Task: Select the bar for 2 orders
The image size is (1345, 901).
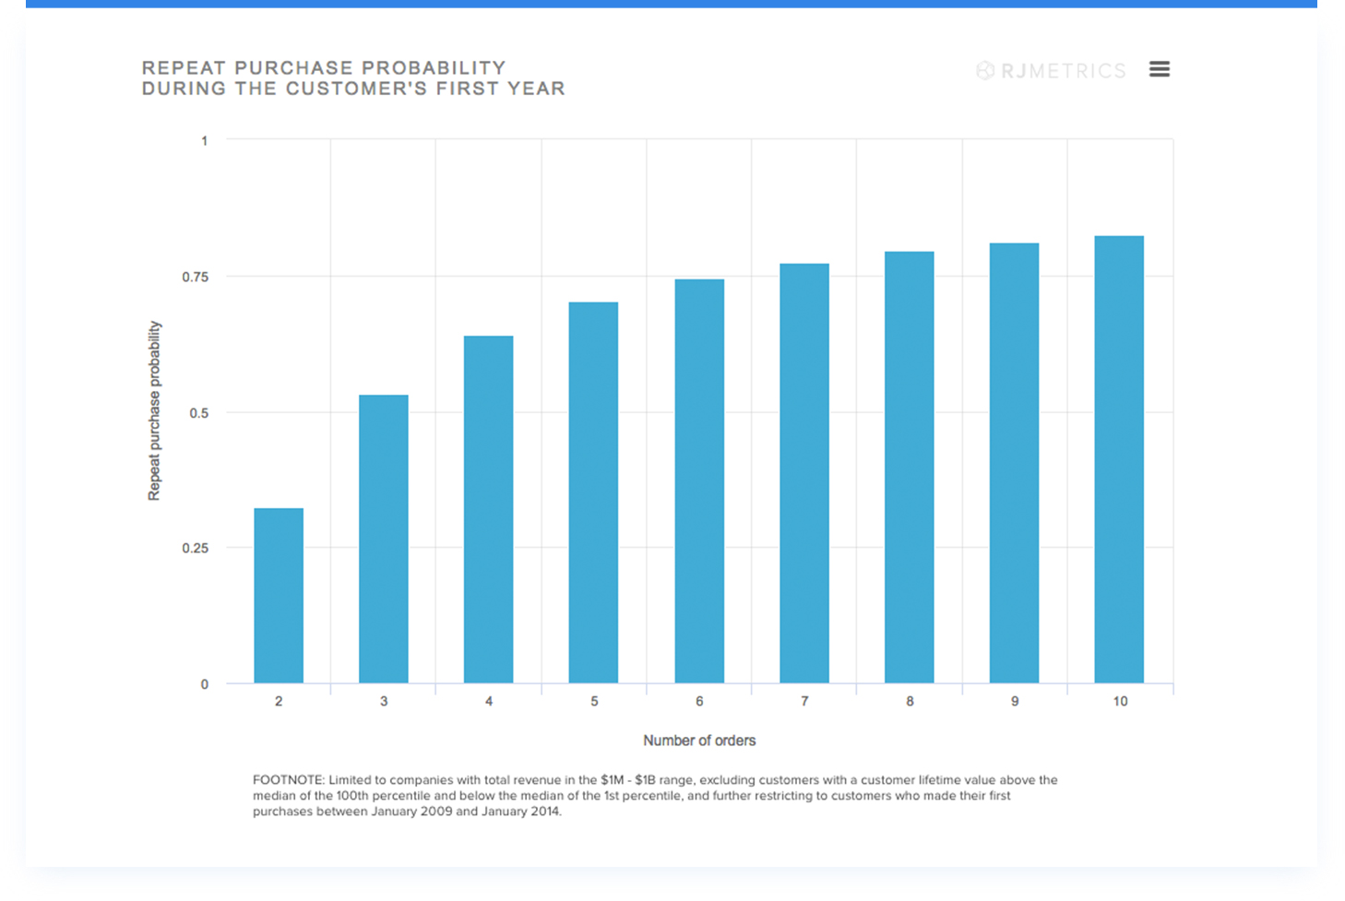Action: click(279, 596)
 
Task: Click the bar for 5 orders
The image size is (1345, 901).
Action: click(593, 492)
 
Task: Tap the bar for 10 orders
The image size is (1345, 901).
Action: click(1119, 459)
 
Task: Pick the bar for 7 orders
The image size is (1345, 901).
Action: click(803, 473)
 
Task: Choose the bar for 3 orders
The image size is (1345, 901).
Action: click(384, 539)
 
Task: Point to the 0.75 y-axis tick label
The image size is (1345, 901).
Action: click(196, 277)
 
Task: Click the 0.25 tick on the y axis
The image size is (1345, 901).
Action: click(196, 548)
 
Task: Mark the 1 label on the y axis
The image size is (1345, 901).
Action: click(205, 141)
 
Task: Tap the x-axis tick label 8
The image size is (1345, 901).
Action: click(910, 701)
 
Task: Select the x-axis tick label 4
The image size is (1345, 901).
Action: click(489, 701)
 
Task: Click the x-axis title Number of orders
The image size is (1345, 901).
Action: click(699, 741)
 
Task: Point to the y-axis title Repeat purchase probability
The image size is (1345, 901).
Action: click(154, 411)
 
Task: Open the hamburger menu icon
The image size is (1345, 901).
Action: click(1160, 69)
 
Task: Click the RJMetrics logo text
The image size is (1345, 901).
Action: click(1063, 71)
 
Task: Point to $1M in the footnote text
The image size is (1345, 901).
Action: click(613, 780)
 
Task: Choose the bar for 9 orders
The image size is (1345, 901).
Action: click(1014, 463)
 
